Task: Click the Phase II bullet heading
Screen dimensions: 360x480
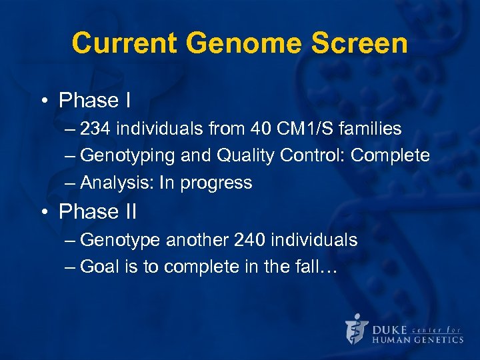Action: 97,211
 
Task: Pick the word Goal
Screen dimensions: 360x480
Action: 97,267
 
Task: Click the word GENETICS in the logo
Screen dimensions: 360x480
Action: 437,339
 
